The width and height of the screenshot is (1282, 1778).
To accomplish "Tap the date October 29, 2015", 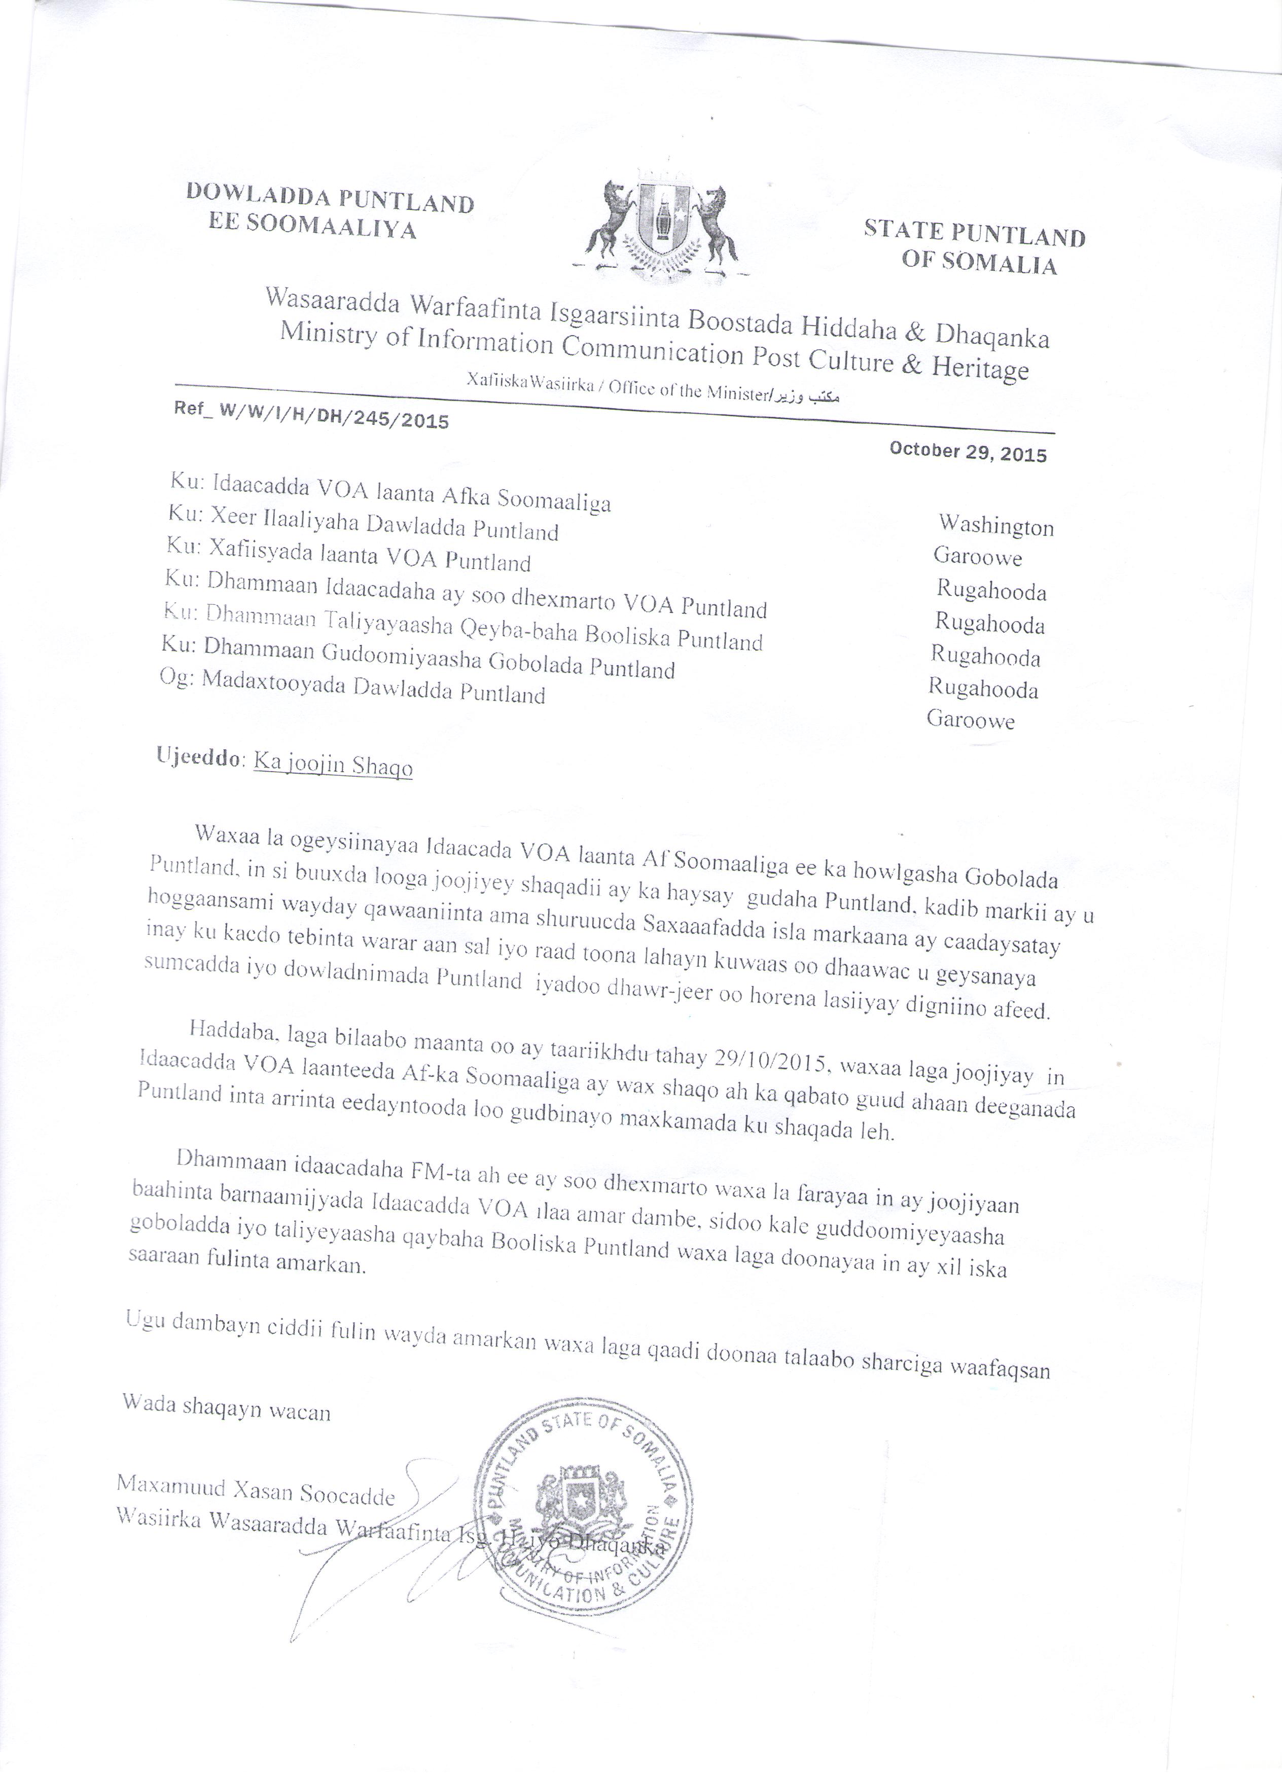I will point(968,452).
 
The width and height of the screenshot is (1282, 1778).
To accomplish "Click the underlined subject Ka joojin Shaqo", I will point(333,765).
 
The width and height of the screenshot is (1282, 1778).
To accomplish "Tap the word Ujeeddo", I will point(200,758).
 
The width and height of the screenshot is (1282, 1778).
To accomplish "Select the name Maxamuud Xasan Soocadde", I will point(256,1491).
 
